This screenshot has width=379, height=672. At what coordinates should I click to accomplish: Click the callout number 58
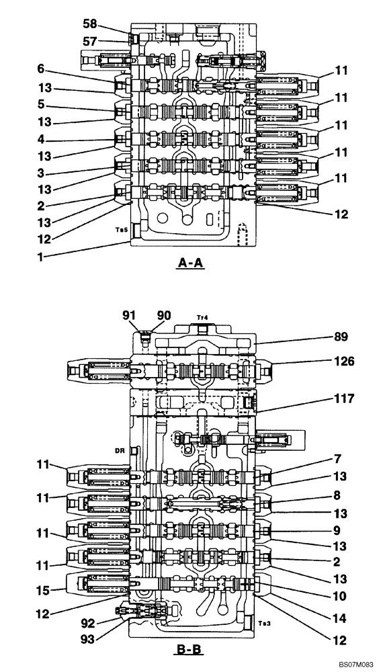(x=90, y=24)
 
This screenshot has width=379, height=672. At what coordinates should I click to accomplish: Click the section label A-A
(x=189, y=264)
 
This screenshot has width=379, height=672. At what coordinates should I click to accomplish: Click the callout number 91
(x=127, y=315)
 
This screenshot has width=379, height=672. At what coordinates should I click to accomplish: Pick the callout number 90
(x=164, y=315)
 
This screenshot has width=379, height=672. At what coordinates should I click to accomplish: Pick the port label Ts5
(x=120, y=230)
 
